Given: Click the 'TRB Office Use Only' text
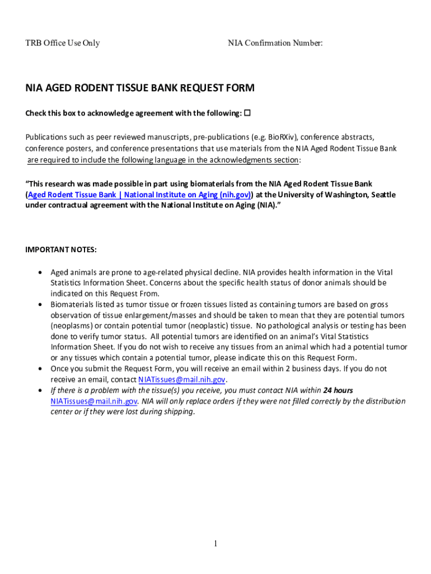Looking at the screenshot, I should pyautogui.click(x=63, y=43).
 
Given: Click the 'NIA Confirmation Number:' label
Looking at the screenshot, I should pyautogui.click(x=275, y=43).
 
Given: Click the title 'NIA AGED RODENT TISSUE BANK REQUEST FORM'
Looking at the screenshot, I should pyautogui.click(x=140, y=88).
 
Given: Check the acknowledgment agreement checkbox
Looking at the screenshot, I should pyautogui.click(x=247, y=113).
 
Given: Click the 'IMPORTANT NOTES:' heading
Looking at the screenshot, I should pyautogui.click(x=61, y=249).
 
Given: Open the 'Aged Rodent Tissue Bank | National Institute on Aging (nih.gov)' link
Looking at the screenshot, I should pyautogui.click(x=139, y=195).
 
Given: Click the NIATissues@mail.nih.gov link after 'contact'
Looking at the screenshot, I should pyautogui.click(x=181, y=379).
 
